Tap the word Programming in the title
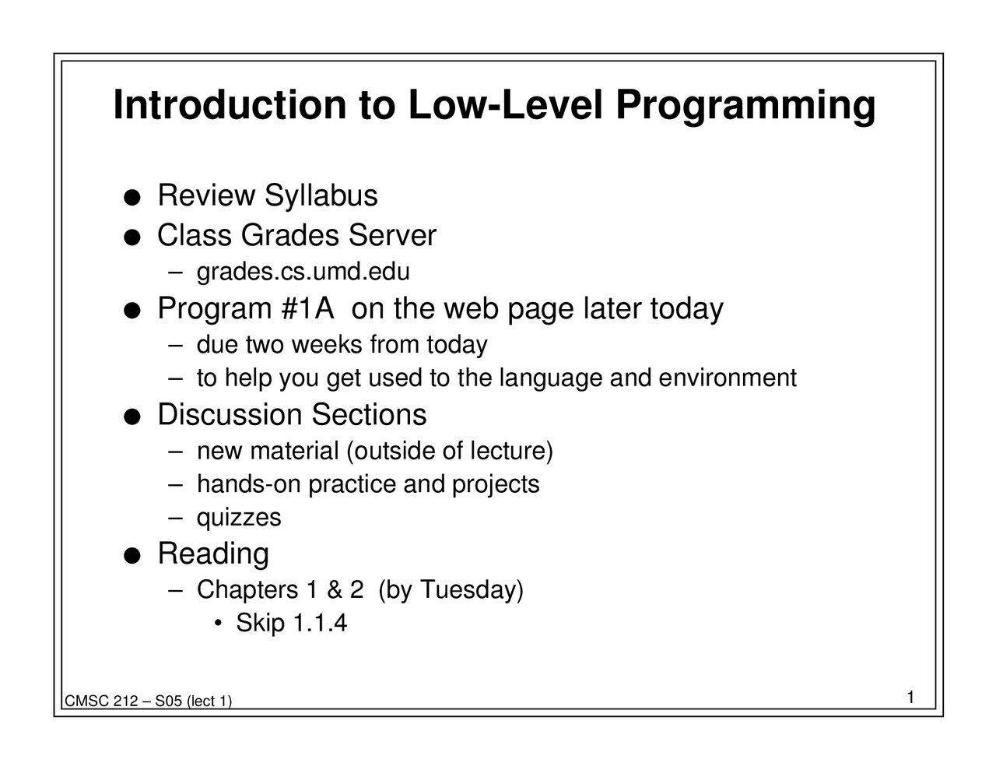coord(745,107)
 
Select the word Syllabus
coord(321,196)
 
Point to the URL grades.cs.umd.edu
coord(303,272)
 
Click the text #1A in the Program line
coord(307,309)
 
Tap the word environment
coord(728,378)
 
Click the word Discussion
coord(230,415)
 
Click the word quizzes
coord(239,518)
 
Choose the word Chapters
coord(247,589)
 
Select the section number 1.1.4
coord(319,623)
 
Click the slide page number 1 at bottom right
coord(910,697)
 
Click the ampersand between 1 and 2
coord(335,589)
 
